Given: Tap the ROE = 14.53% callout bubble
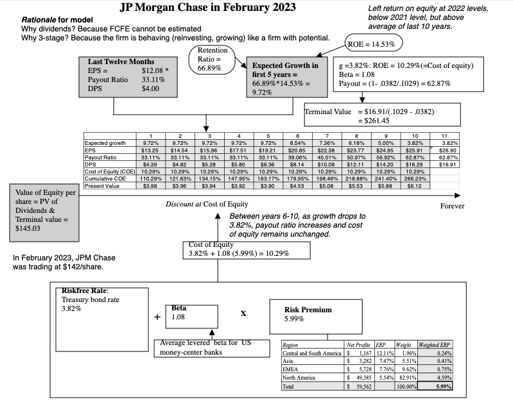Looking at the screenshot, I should [374, 44].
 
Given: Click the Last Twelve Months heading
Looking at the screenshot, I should [121, 62].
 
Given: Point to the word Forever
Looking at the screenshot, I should [452, 206].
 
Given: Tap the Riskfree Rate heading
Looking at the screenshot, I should [85, 290].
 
